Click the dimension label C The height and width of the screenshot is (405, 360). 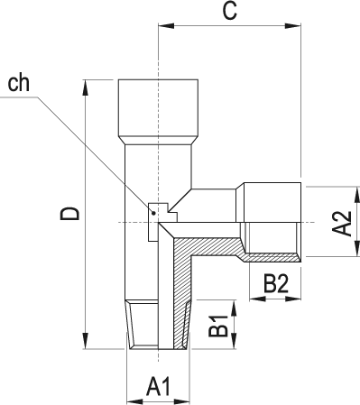pos(230,12)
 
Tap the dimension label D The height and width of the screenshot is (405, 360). pos(69,213)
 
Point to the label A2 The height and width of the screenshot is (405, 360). pos(341,223)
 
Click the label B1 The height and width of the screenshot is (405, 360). pos(218,326)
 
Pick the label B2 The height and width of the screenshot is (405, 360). pos(276,283)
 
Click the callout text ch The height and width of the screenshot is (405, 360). pos(18,83)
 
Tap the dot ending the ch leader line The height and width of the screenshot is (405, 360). pos(154,213)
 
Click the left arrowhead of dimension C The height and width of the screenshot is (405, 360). pos(166,26)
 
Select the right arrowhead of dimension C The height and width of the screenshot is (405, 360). pos(292,26)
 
